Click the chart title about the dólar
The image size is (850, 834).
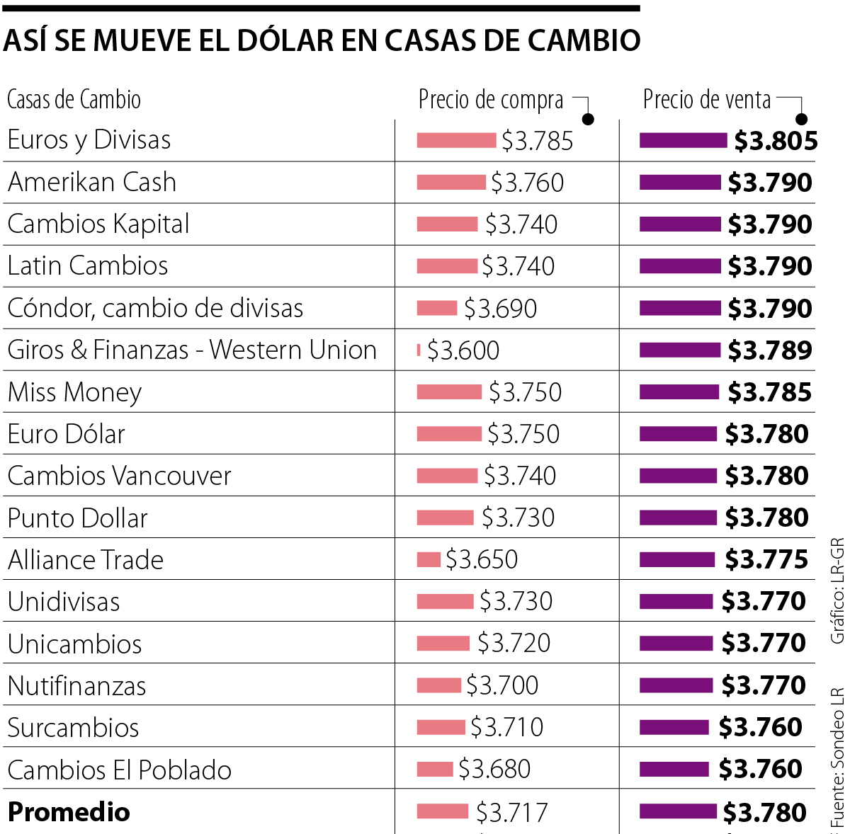click(322, 40)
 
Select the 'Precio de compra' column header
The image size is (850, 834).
click(491, 100)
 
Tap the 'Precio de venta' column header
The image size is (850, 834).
click(707, 100)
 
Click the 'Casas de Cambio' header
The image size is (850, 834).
click(74, 100)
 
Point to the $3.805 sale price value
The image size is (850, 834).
click(776, 141)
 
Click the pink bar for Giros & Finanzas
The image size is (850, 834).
click(419, 350)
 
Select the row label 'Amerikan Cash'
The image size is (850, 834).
click(92, 183)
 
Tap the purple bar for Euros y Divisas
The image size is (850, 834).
click(683, 140)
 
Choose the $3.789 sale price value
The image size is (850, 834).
click(770, 350)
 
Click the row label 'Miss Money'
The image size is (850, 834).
click(74, 392)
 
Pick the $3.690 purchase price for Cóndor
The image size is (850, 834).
click(500, 309)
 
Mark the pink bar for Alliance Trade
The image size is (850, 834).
click(429, 559)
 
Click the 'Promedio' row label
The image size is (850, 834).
click(69, 812)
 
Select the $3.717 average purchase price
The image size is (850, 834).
click(511, 813)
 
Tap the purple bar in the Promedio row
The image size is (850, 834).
click(678, 811)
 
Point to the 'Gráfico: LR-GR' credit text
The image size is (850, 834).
click(837, 590)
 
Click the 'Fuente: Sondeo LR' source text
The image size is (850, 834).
click(837, 758)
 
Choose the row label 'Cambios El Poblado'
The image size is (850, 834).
click(120, 770)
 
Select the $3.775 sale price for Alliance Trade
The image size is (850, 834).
click(766, 560)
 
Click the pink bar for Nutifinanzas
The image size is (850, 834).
click(438, 685)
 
